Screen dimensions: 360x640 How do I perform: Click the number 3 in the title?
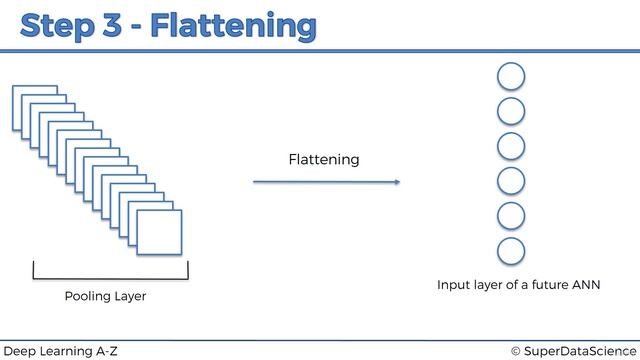click(x=115, y=25)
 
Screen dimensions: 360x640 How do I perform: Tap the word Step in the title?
click(x=59, y=25)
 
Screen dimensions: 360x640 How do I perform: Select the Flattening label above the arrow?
click(x=323, y=160)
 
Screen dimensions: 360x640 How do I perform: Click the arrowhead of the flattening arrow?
click(x=396, y=182)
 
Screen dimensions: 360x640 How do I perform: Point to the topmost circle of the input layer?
click(x=511, y=76)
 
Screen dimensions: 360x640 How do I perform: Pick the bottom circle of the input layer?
click(x=511, y=251)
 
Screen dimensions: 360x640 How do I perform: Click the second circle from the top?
click(x=511, y=111)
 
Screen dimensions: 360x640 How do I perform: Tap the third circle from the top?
click(x=511, y=146)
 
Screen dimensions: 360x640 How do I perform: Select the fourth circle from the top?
click(x=511, y=181)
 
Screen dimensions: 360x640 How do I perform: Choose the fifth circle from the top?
click(x=511, y=216)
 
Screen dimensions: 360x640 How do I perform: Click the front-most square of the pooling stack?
click(x=160, y=232)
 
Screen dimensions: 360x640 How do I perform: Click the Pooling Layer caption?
click(x=105, y=296)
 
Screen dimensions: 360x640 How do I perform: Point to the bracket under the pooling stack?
click(x=110, y=275)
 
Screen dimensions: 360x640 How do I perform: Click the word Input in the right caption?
click(x=454, y=285)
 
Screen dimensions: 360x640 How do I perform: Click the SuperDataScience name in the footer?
click(x=580, y=350)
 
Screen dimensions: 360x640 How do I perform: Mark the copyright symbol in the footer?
click(x=516, y=350)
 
